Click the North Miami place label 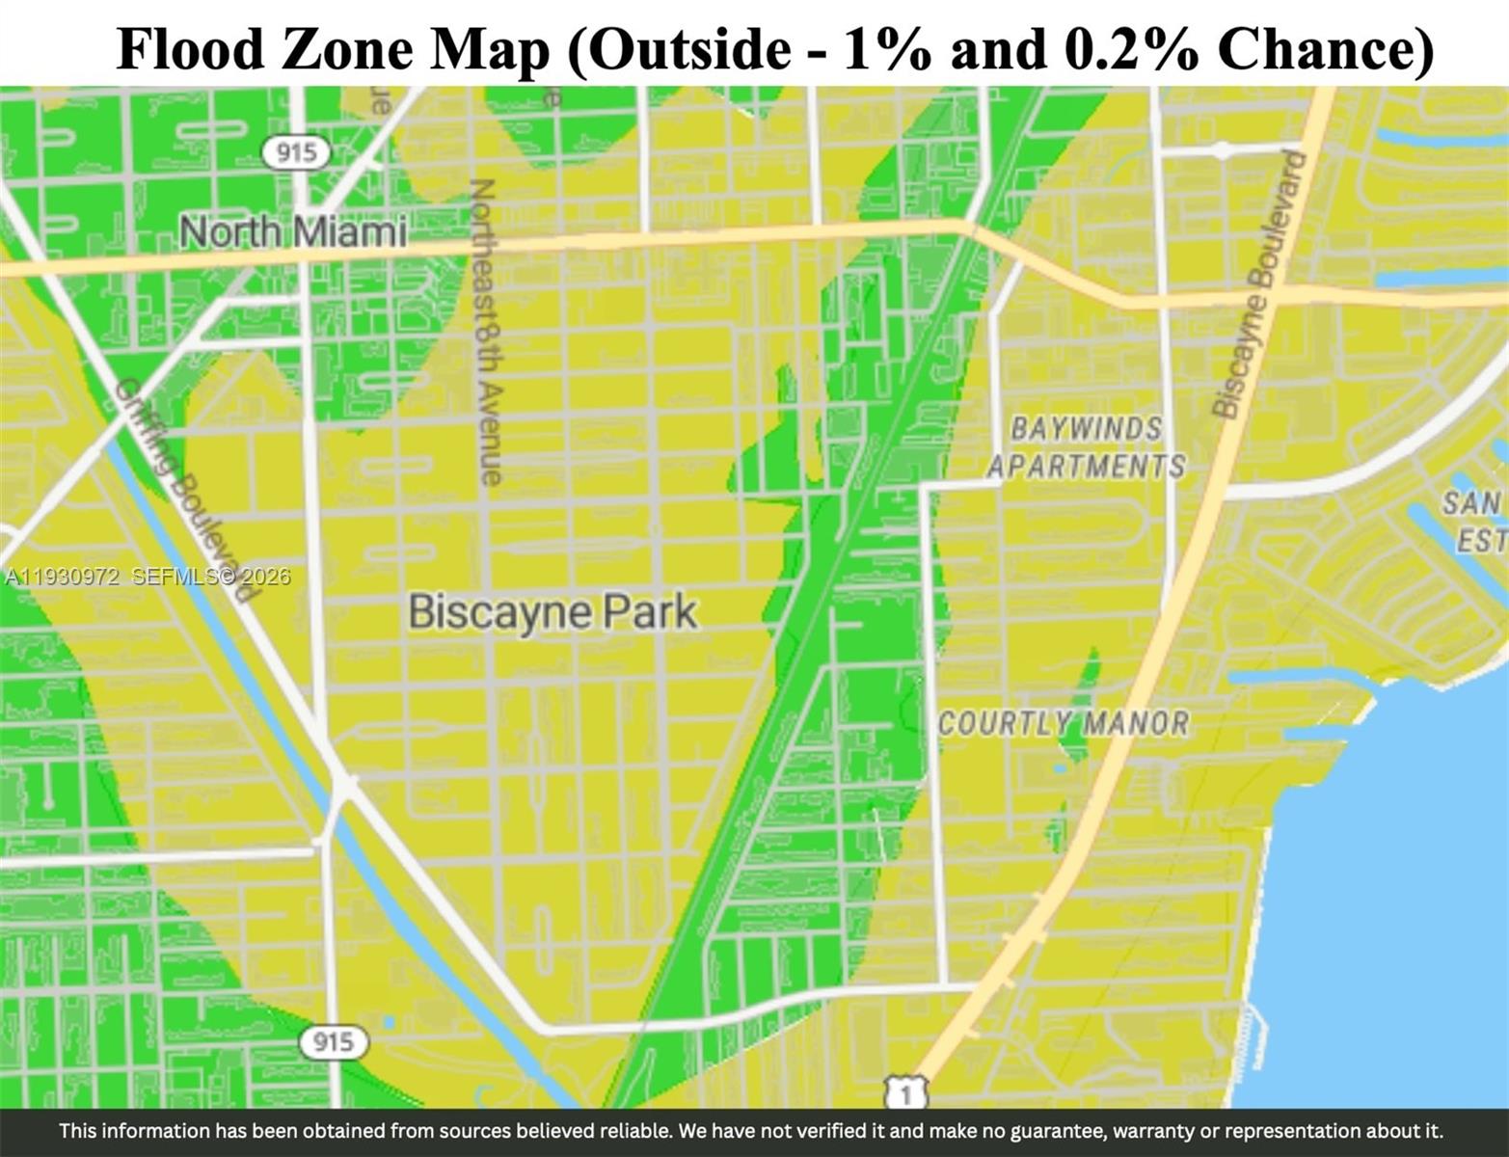[293, 232]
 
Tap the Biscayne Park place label [552, 612]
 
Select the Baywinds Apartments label [1086, 447]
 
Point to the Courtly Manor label [1064, 723]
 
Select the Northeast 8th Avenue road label [487, 331]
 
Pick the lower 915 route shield [332, 1041]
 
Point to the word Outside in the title [689, 48]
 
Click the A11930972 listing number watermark [62, 578]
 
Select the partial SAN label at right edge [1471, 502]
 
